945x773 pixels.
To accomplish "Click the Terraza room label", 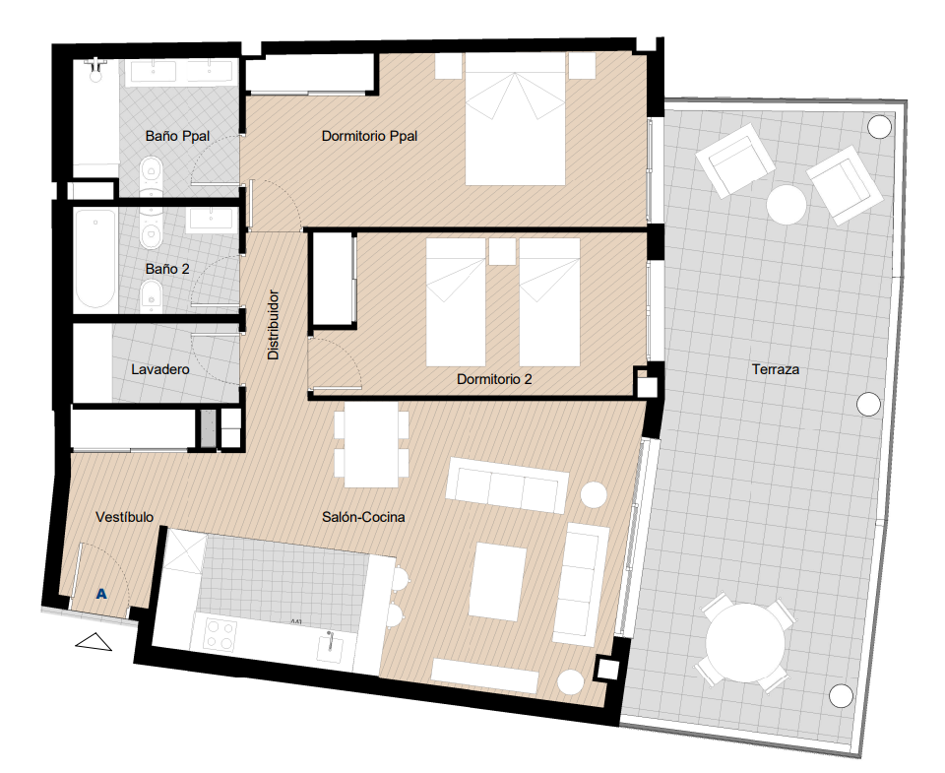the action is point(775,369).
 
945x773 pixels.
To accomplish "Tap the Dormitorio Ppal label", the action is point(369,136).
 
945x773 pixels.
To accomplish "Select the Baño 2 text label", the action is point(167,269).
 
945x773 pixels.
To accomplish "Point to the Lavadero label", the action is point(160,369).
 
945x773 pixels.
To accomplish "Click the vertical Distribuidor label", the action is point(273,325).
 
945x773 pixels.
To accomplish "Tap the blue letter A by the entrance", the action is point(101,594).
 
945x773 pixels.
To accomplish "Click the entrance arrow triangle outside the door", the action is point(94,642).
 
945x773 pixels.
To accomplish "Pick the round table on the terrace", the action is point(745,642).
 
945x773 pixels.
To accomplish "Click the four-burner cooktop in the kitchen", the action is point(220,635).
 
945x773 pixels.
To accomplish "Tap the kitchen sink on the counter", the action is point(331,646).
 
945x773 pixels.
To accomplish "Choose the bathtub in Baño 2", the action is point(95,259).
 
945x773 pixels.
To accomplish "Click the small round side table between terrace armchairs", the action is point(787,205).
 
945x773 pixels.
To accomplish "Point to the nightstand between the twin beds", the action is point(502,251).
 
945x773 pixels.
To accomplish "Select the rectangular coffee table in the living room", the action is point(497,582).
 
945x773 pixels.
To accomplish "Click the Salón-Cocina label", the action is point(363,517).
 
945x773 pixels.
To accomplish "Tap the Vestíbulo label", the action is point(125,517).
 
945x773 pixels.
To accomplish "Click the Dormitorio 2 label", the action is point(494,379).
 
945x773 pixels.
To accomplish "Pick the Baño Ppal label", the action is point(178,136).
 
